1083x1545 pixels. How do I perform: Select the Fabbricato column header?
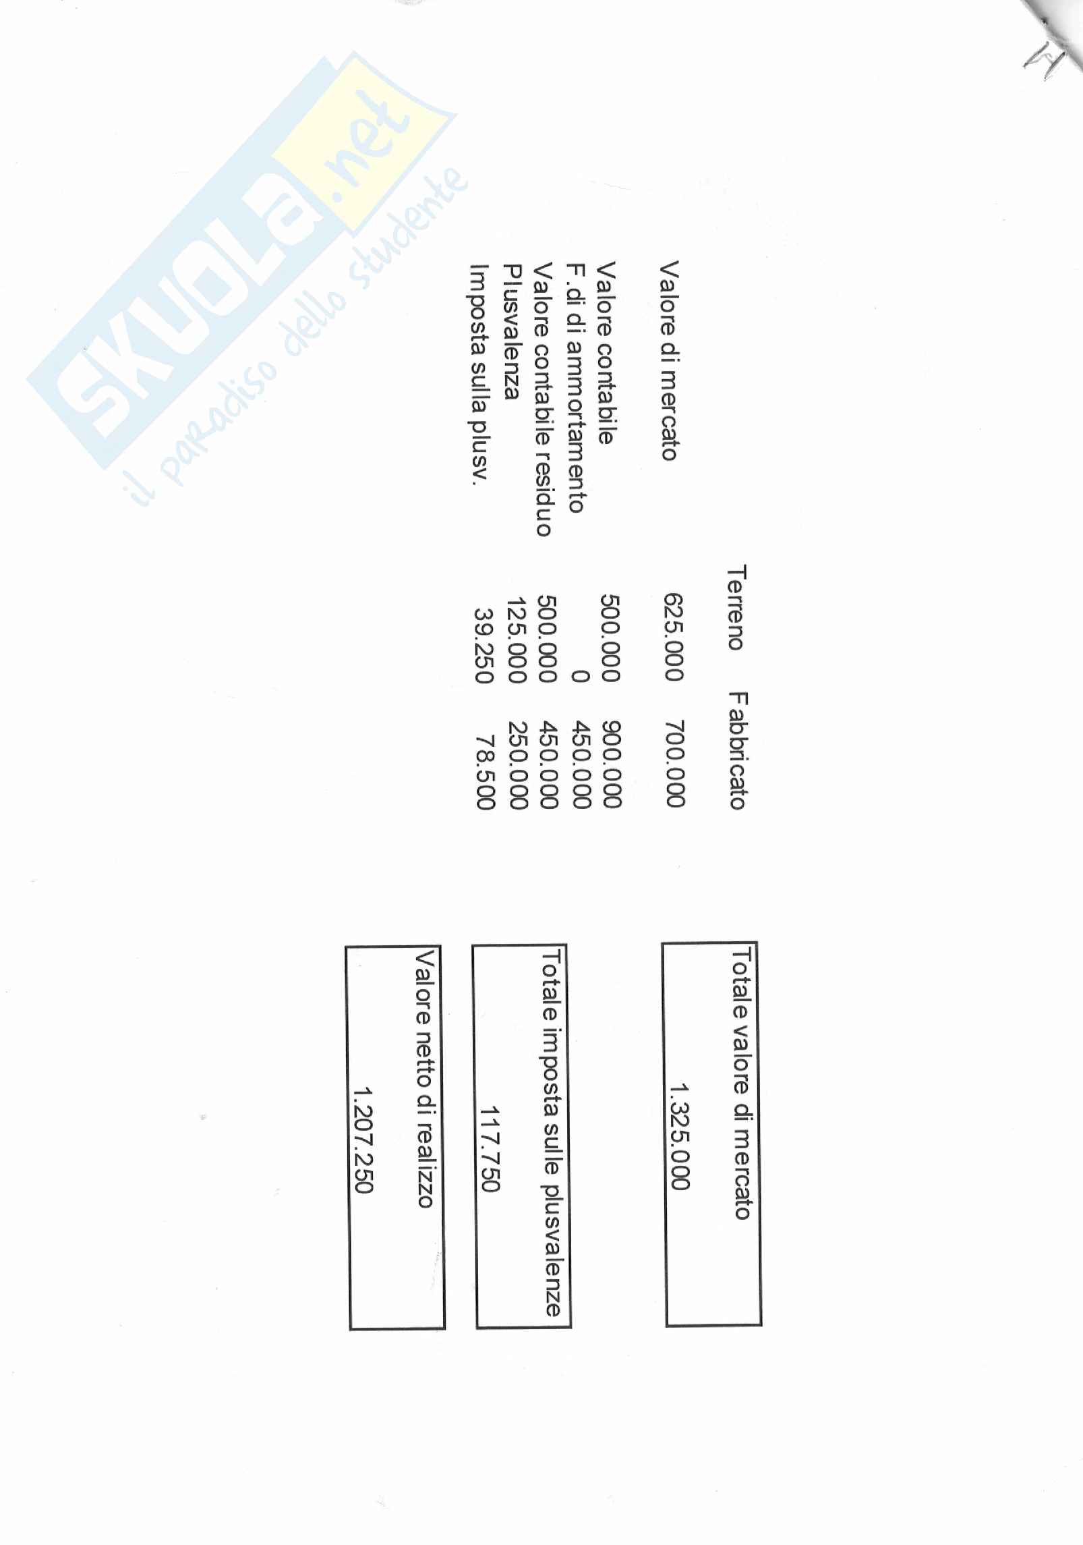(x=738, y=750)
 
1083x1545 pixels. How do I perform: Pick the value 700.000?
(x=674, y=764)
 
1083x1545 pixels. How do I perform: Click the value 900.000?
(x=610, y=764)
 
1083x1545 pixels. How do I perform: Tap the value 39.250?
(x=484, y=646)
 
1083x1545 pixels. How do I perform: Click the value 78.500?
(x=485, y=772)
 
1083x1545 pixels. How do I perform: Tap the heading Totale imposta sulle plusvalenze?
(x=552, y=1133)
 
